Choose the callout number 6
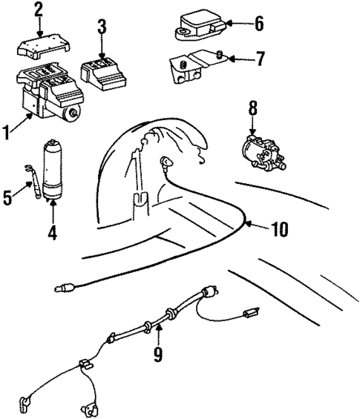(x=258, y=24)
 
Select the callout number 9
(x=157, y=354)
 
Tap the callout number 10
(x=278, y=230)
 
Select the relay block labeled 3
(x=104, y=70)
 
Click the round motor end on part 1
(x=73, y=113)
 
